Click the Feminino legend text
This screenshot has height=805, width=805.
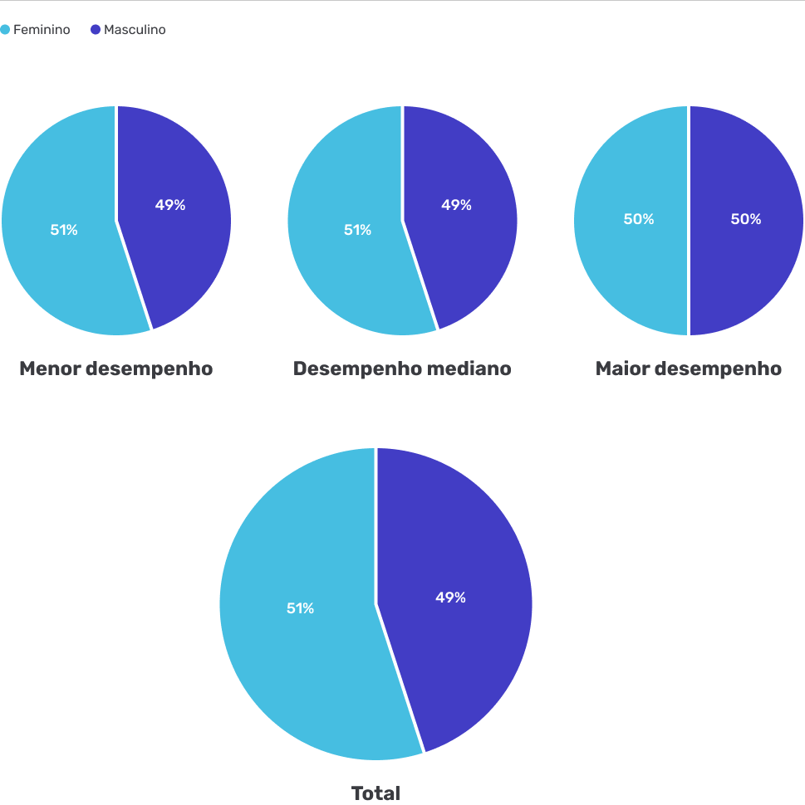(42, 30)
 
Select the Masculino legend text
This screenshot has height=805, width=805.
(135, 30)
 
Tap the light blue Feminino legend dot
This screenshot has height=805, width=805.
(5, 30)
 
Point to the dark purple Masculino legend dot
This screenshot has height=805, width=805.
(95, 30)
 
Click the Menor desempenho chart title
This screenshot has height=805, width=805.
(115, 368)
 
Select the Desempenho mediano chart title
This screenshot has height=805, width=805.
(402, 368)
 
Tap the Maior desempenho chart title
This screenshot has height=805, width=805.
(688, 368)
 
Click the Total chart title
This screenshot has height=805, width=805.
(376, 793)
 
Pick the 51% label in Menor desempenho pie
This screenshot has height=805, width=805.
(64, 230)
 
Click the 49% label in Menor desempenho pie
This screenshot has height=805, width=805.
(170, 205)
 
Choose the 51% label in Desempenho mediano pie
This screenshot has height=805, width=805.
(358, 230)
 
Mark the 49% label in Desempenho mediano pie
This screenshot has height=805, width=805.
(456, 205)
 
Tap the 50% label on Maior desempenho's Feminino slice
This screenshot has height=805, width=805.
(639, 219)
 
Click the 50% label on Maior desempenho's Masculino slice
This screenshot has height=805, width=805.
(746, 219)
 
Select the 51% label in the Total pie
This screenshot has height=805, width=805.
(300, 608)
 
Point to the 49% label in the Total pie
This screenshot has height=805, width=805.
(450, 598)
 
